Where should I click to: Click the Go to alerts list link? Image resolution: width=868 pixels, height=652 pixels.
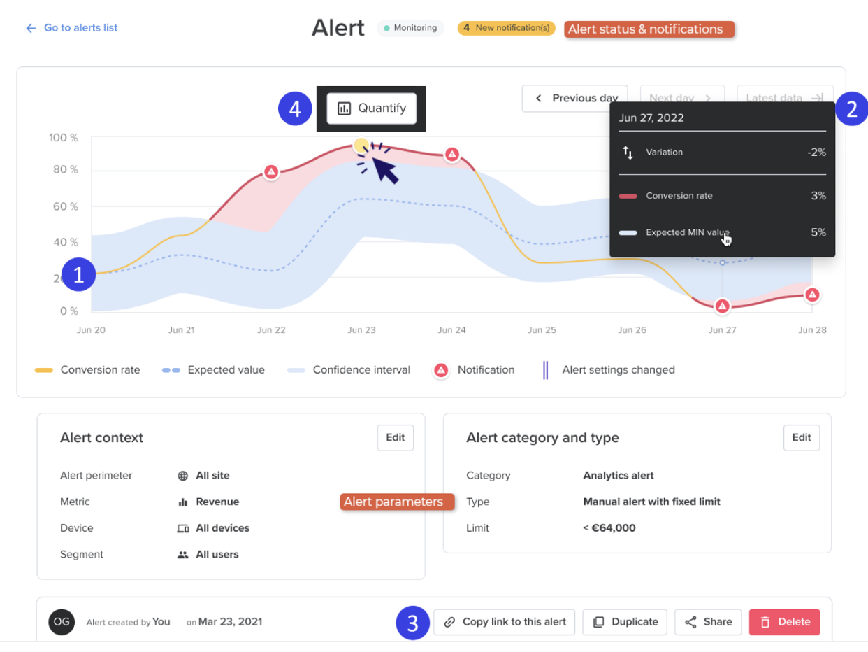coord(71,28)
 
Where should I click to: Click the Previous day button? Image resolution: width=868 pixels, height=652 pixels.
coord(574,98)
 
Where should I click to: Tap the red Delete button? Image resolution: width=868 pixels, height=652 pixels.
coord(784,621)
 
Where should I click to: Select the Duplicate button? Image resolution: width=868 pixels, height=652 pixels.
coord(625,621)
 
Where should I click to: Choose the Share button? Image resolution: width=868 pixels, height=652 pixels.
coord(708,621)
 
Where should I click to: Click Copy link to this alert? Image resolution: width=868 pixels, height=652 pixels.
coord(504,621)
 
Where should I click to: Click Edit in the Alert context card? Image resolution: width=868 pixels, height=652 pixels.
coord(396,437)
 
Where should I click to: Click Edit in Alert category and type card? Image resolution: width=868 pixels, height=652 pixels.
coord(802,437)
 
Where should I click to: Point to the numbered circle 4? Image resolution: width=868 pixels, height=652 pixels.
coord(295,108)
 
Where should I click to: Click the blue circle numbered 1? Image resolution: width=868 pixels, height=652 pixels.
coord(79,274)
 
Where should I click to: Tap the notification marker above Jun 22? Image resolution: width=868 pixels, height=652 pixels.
coord(271,172)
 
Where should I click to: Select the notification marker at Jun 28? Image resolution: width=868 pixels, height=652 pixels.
coord(812,295)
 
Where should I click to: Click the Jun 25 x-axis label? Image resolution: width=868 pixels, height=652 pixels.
coord(542,329)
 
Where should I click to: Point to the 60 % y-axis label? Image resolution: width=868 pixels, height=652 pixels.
coord(66,206)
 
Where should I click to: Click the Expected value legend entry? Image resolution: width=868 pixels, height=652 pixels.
coord(214,370)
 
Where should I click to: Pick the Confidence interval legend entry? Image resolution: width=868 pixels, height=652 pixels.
coord(349,370)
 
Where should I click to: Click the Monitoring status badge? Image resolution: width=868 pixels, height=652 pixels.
coord(410,28)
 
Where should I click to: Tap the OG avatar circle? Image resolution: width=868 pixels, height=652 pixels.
coord(62,621)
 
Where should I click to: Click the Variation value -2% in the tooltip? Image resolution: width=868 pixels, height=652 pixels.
coord(816,152)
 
